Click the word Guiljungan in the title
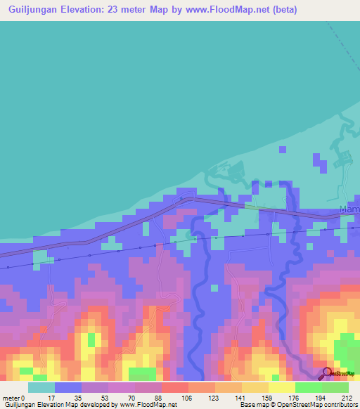click(x=32, y=10)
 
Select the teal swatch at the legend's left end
click(x=41, y=387)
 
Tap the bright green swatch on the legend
click(x=308, y=387)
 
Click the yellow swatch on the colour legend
click(x=281, y=387)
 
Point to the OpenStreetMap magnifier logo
click(x=328, y=373)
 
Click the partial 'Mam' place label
click(x=349, y=209)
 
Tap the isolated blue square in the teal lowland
click(x=283, y=149)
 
